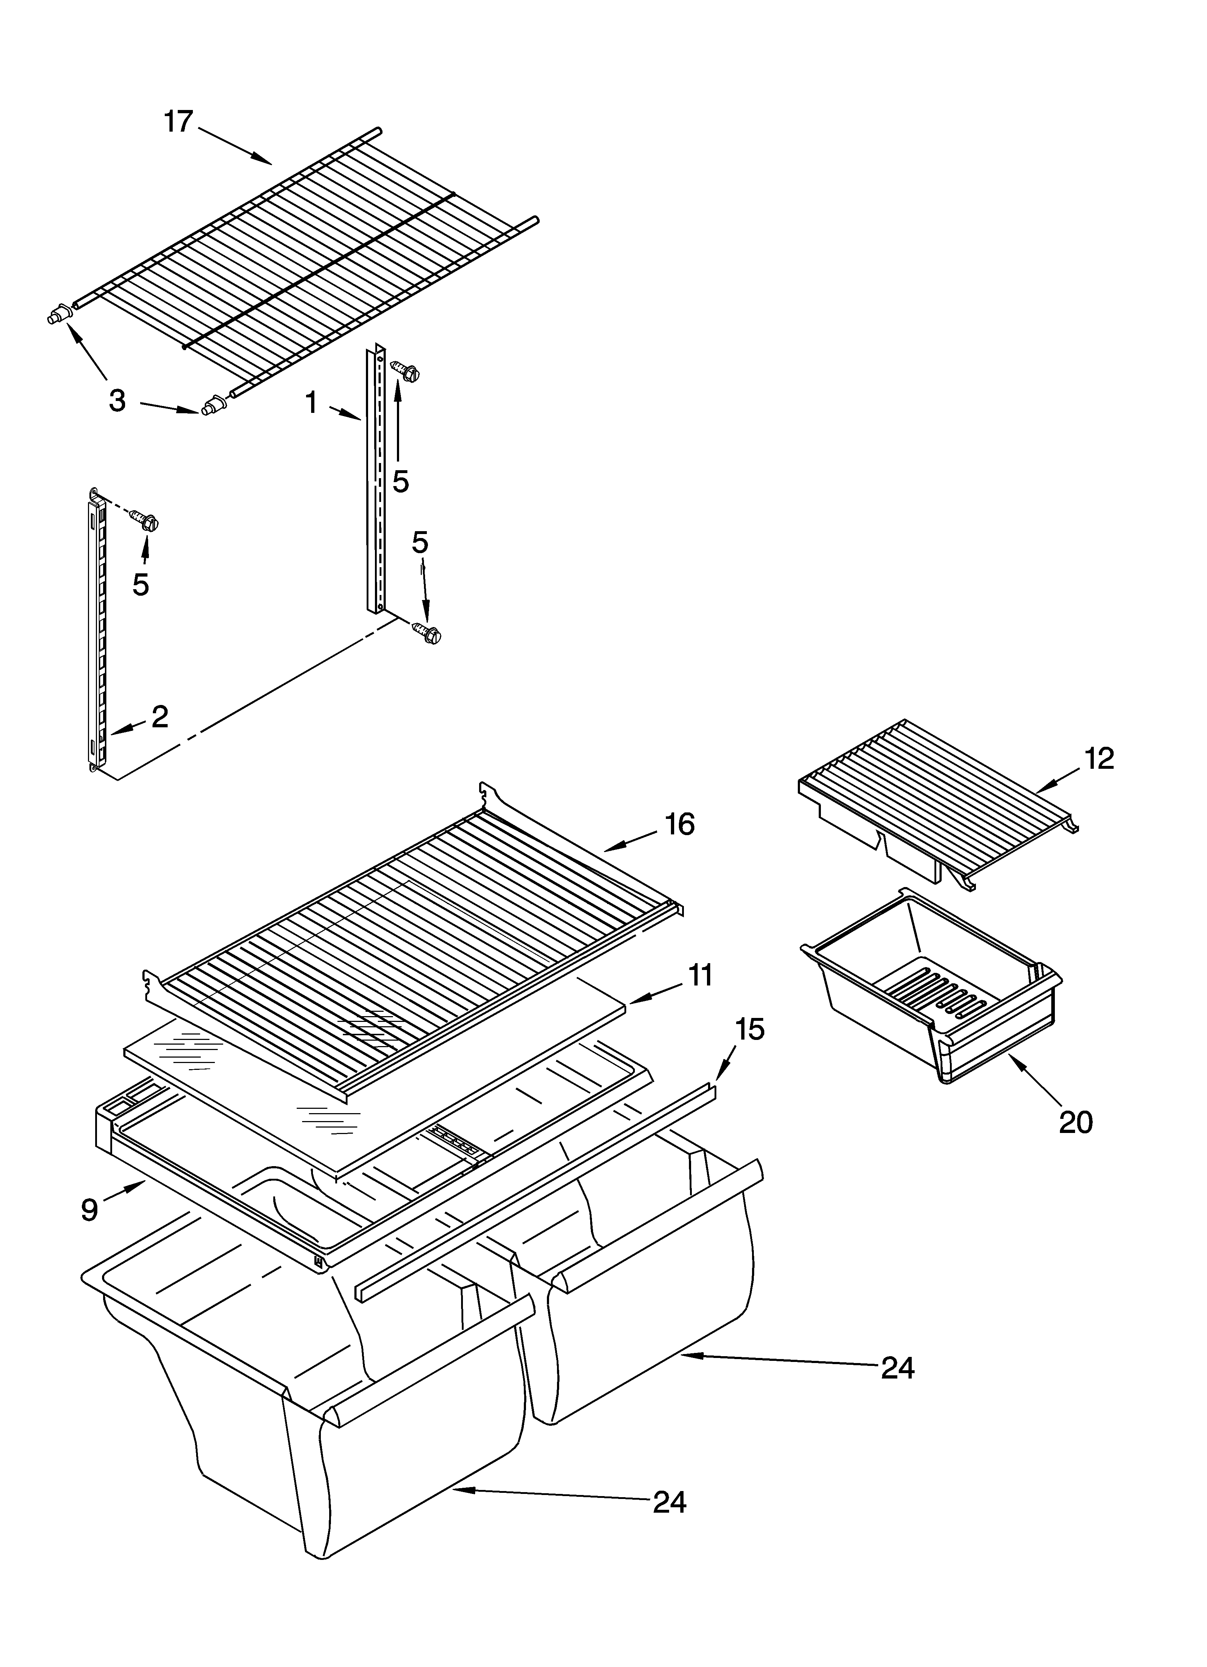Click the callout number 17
click(178, 121)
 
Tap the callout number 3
click(117, 401)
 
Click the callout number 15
click(749, 1030)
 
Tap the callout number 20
click(1075, 1123)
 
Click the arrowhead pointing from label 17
click(265, 159)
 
